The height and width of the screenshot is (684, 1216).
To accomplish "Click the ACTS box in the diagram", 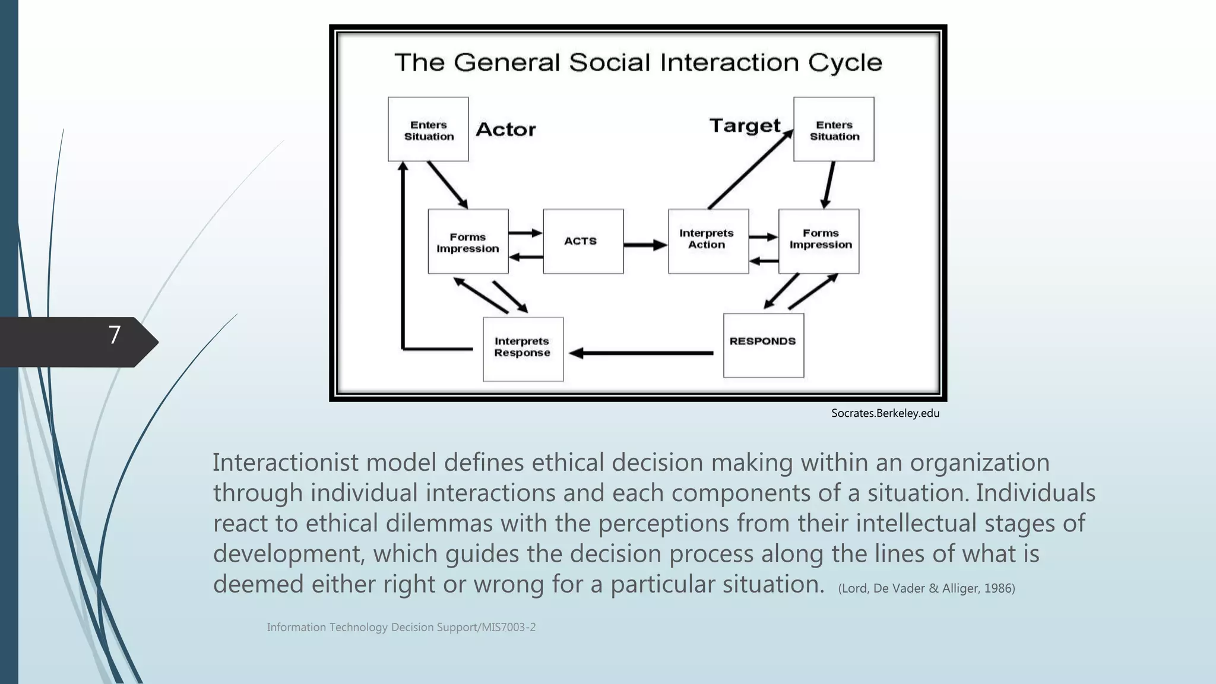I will point(583,241).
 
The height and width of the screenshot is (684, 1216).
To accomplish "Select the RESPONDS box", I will point(763,345).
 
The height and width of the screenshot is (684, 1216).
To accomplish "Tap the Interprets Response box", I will point(522,349).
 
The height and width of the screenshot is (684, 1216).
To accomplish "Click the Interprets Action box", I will point(708,240).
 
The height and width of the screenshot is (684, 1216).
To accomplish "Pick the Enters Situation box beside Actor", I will point(428,129).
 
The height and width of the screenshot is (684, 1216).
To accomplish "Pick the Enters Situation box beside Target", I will point(834,129).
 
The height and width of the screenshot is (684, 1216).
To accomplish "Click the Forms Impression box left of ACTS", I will point(468,242).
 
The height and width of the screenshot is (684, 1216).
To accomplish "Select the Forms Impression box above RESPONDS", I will point(819,240).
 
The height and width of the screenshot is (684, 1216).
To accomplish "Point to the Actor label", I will point(505,129).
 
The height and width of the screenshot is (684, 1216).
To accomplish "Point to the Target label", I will point(745,126).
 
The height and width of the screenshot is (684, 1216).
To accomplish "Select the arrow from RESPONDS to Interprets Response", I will point(641,353).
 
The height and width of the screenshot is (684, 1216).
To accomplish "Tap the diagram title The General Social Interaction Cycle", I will point(638,62).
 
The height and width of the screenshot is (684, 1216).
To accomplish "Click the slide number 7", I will point(115,335).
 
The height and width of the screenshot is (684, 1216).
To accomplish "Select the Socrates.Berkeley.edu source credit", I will point(885,413).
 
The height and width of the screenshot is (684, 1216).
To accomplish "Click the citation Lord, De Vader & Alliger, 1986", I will point(926,588).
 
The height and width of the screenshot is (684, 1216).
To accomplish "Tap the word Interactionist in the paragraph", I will point(284,463).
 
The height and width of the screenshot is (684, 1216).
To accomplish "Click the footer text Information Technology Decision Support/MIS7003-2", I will point(401,627).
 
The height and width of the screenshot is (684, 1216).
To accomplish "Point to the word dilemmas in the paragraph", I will point(439,523).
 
